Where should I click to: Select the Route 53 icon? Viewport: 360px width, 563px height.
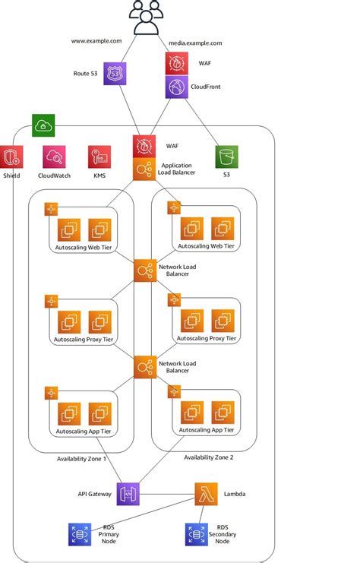click(x=114, y=74)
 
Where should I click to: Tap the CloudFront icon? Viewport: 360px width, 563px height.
click(x=177, y=87)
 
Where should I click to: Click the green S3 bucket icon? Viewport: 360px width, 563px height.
click(x=226, y=157)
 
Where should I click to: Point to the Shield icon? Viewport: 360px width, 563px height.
click(x=12, y=157)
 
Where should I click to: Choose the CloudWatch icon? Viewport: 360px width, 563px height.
click(x=54, y=157)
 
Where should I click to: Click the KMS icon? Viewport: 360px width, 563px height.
click(x=99, y=157)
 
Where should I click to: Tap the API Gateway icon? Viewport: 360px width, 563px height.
click(x=128, y=493)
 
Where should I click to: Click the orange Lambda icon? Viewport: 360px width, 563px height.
click(x=206, y=493)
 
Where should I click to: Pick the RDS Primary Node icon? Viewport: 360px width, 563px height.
click(x=79, y=534)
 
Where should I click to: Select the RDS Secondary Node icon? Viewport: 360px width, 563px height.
click(x=197, y=534)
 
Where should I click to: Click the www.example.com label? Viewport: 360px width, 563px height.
click(x=96, y=41)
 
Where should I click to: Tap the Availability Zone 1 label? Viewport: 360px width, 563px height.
click(x=81, y=459)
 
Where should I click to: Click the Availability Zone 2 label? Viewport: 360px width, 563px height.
click(x=209, y=457)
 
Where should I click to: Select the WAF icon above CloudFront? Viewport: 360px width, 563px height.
click(x=177, y=63)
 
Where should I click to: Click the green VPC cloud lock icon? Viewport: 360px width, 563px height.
click(x=43, y=125)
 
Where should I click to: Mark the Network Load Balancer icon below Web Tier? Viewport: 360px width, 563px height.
click(x=144, y=270)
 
